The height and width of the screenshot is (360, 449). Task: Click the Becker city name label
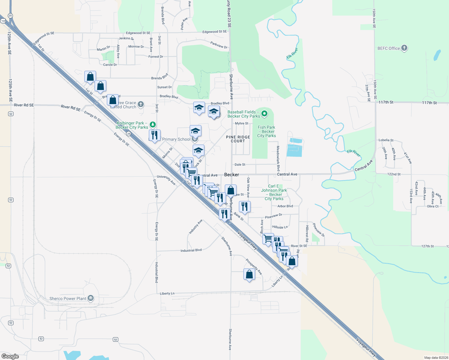click(232, 175)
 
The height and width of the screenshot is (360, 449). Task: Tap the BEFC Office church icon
click(404, 48)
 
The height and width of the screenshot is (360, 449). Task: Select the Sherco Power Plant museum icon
click(91, 298)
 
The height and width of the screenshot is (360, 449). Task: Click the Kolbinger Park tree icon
click(153, 124)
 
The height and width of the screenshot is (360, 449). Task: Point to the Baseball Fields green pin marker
click(264, 113)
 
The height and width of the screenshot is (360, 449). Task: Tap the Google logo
click(10, 356)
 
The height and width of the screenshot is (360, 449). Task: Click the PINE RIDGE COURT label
click(238, 139)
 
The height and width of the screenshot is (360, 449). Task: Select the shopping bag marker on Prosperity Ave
click(249, 274)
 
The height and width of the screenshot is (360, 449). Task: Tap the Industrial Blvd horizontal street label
click(191, 250)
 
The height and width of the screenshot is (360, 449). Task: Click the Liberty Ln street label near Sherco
click(167, 293)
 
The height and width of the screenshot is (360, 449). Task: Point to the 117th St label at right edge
click(429, 103)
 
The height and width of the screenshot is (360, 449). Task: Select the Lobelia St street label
click(386, 140)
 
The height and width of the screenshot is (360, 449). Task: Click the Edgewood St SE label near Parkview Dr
click(215, 31)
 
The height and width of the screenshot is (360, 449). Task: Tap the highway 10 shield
click(3, 21)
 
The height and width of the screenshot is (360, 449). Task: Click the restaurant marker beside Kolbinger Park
click(155, 135)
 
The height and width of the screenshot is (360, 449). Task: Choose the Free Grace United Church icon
click(141, 104)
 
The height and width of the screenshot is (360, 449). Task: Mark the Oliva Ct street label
click(433, 206)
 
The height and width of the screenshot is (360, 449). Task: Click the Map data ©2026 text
click(436, 358)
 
